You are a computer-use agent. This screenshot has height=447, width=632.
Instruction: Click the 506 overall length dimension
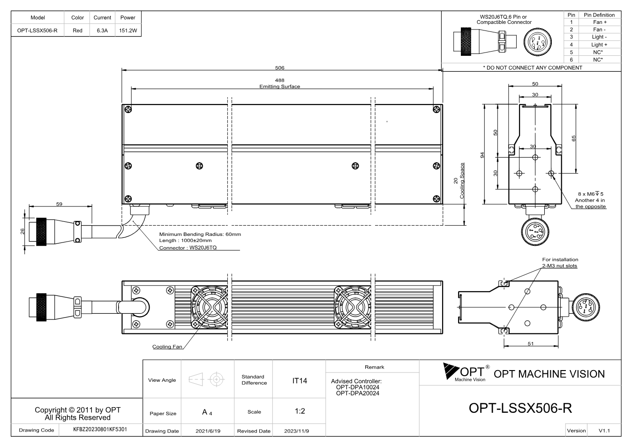click(279, 68)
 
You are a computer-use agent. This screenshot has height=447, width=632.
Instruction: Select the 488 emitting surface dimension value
click(279, 80)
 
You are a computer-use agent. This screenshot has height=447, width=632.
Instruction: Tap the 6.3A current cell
click(102, 30)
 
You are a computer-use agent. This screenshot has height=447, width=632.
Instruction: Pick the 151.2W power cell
click(128, 30)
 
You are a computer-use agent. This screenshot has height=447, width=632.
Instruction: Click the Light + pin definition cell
click(599, 45)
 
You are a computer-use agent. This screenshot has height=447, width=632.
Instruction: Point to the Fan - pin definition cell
click(599, 30)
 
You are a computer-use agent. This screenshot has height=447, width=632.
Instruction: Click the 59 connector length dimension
click(59, 204)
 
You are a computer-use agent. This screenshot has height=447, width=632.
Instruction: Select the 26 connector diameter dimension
click(23, 231)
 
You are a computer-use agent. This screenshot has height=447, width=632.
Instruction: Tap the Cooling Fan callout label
click(167, 347)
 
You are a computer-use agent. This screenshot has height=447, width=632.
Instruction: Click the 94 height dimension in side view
click(482, 155)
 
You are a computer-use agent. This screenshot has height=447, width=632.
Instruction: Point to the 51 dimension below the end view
click(531, 344)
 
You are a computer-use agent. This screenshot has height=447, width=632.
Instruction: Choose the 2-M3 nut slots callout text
click(559, 266)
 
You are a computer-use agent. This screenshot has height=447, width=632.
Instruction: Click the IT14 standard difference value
click(299, 381)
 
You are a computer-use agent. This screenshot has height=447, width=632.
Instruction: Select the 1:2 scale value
click(300, 411)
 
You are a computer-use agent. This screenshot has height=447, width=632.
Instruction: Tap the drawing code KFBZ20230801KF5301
click(100, 430)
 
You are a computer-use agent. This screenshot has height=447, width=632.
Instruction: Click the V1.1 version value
click(604, 431)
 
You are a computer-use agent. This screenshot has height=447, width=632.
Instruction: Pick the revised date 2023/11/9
click(296, 431)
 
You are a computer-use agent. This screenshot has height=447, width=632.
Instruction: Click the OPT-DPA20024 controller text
click(357, 394)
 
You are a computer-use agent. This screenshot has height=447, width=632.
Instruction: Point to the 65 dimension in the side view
click(573, 138)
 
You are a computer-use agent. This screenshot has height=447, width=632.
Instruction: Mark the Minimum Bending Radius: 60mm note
click(200, 234)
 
